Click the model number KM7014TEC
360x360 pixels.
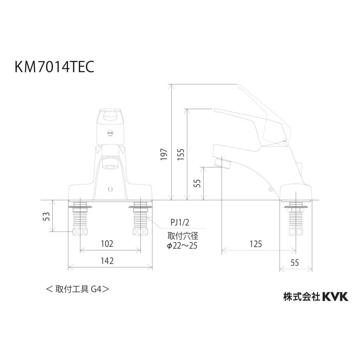pyautogui.click(x=49, y=67)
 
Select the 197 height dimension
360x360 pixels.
pyautogui.click(x=164, y=154)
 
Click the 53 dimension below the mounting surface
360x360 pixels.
pyautogui.click(x=46, y=216)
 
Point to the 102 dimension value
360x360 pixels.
pyautogui.click(x=107, y=244)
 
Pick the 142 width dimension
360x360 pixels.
pyautogui.click(x=107, y=261)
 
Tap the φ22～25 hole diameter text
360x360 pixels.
pyautogui.click(x=182, y=246)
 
